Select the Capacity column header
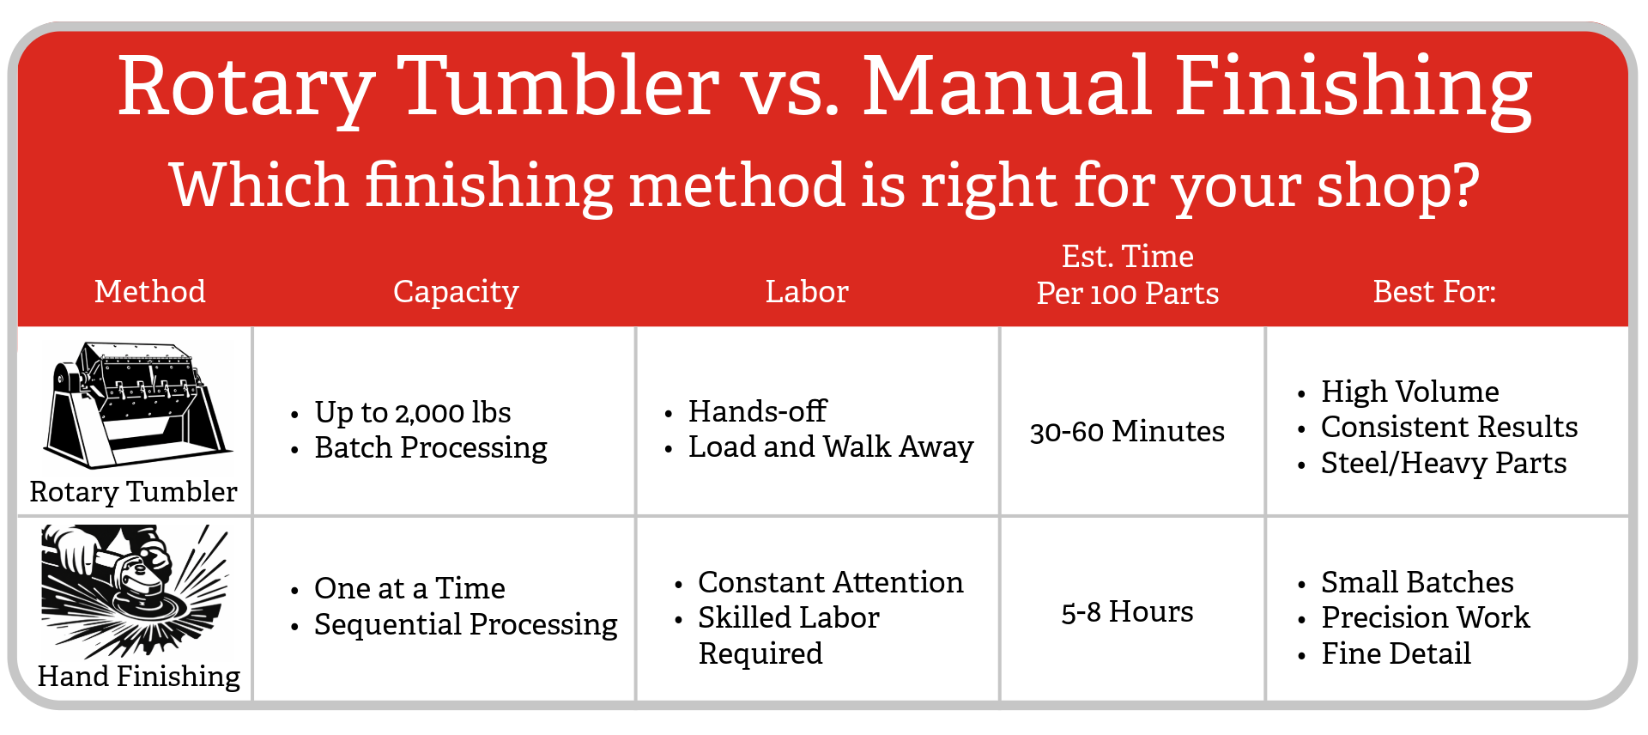click(456, 292)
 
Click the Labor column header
click(807, 291)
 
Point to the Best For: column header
click(1434, 291)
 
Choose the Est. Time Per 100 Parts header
click(1128, 274)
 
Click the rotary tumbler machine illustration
click(137, 404)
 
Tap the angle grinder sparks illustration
click(136, 591)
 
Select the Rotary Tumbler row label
click(133, 491)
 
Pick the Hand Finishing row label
click(139, 676)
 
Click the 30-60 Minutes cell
click(1127, 430)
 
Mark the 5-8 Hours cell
click(1127, 611)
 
